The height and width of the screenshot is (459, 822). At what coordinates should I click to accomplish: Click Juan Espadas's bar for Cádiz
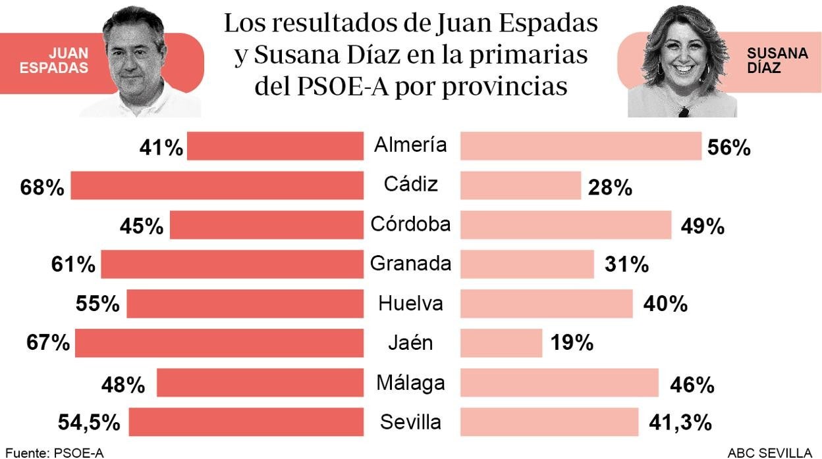217,185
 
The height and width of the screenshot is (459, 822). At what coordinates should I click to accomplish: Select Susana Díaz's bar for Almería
580,146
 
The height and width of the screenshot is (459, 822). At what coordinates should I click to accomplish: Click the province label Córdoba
410,224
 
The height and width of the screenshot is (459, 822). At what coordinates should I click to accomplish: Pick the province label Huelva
410,303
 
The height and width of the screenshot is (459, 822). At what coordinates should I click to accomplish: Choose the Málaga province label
410,382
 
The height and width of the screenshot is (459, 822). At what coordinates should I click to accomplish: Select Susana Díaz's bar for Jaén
501,343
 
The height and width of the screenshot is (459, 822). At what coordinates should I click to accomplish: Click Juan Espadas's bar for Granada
232,264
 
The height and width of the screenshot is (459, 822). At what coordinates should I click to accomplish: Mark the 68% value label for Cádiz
42,189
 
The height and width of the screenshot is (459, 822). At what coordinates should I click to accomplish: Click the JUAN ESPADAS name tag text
54,60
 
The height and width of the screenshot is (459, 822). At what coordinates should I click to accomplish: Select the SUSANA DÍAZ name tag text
777,60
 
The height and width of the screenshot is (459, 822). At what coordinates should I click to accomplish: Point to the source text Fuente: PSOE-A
54,452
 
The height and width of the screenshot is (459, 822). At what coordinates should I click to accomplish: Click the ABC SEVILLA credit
769,452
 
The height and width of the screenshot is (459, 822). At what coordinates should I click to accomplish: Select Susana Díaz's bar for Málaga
559,383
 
